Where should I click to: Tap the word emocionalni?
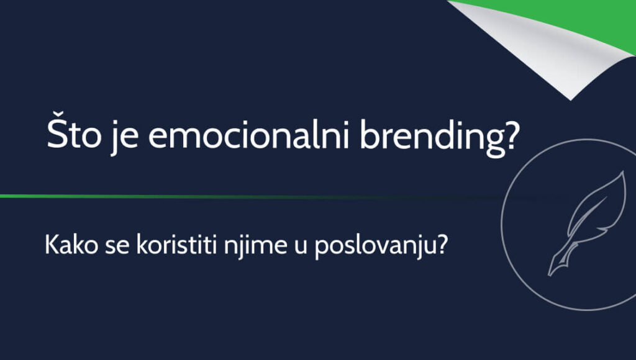click(x=248, y=133)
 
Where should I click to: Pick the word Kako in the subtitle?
click(x=71, y=245)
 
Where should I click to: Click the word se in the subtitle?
click(x=117, y=247)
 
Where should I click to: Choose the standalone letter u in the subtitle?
click(x=301, y=247)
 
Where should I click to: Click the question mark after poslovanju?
click(x=442, y=245)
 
